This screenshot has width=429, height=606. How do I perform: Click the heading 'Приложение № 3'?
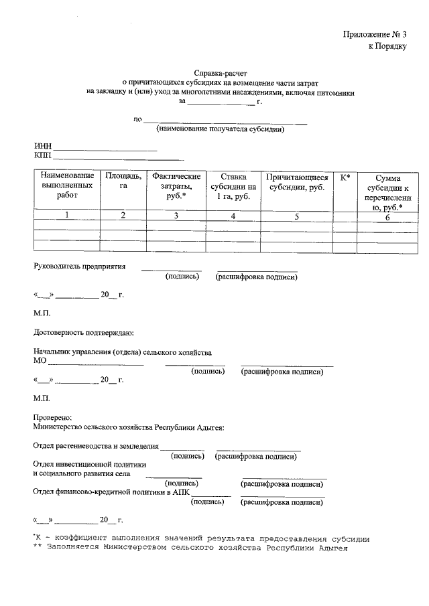coord(375,34)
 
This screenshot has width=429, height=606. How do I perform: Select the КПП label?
coord(43,156)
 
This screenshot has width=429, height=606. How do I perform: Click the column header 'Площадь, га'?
coord(123,181)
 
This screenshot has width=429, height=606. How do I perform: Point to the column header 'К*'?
coord(345,177)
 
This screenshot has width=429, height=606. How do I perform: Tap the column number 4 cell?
coord(233,216)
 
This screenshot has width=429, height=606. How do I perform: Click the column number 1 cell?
coord(67,215)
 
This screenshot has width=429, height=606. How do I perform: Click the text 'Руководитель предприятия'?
coord(80,266)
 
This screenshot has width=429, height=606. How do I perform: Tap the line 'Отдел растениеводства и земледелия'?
coord(96,445)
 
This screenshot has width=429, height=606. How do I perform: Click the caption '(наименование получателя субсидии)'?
coord(220,129)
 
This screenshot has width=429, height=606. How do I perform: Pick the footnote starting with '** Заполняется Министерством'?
coord(191,548)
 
